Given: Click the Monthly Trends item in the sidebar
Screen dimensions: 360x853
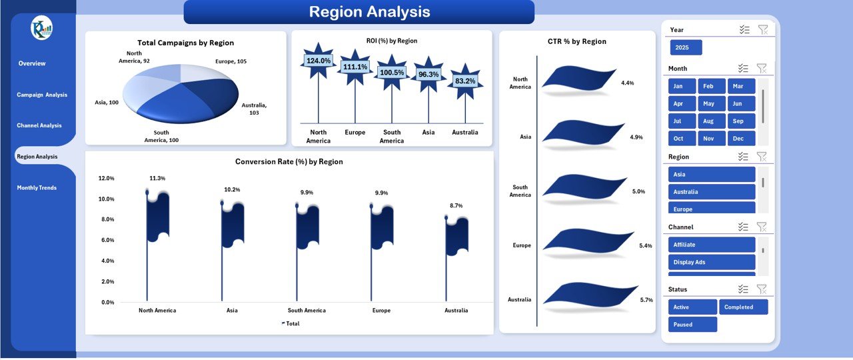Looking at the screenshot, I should pos(37,188).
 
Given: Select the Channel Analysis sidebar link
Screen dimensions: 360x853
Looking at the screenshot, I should pos(39,125).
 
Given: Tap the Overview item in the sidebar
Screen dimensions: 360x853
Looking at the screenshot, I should pos(32,63).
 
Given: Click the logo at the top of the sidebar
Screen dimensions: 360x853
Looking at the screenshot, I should pos(41,28).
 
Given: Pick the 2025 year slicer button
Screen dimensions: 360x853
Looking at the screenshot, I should pos(686,48).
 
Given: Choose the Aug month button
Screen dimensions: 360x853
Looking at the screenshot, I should pos(708,121).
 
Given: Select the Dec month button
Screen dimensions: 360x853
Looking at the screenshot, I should pos(738,139).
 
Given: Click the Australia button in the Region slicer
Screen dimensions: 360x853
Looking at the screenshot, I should pos(711,192).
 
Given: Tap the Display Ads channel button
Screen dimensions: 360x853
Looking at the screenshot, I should pos(711,262).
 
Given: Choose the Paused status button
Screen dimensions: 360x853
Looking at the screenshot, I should pos(692,325).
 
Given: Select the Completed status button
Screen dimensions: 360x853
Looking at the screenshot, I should pos(743,307).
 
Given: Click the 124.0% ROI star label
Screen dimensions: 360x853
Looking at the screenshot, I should pos(319,61).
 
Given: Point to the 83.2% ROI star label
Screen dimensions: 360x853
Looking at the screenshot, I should pos(465,81).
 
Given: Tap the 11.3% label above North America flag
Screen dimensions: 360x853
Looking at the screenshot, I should pos(157,179).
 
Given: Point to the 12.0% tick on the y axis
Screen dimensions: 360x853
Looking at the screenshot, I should pos(107,179).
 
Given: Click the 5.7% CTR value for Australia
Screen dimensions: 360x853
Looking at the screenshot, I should pos(646,300).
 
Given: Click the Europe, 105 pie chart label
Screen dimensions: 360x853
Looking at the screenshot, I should pos(231,61).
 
